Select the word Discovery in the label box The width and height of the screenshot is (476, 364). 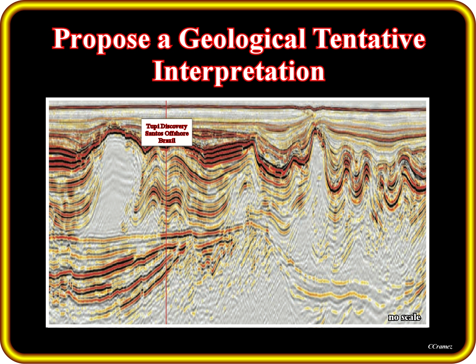[174, 127]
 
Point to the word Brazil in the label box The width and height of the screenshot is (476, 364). [167, 141]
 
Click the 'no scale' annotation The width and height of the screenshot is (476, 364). [404, 318]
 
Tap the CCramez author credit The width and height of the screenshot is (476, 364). [440, 347]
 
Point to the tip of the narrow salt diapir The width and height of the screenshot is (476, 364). [316, 129]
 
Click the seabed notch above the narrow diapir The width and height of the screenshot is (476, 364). [313, 109]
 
